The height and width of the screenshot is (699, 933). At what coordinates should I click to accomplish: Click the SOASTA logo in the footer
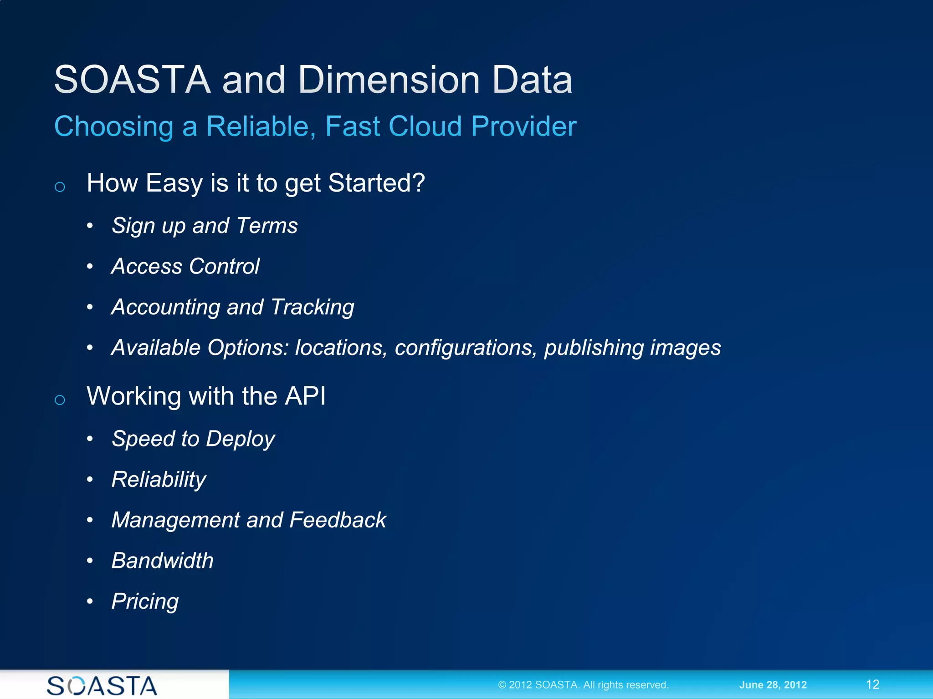click(x=102, y=685)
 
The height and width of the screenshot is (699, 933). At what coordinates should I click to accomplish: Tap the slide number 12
click(x=872, y=684)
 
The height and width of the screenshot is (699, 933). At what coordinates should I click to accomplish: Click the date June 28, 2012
click(x=773, y=685)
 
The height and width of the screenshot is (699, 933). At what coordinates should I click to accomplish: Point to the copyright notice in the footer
click(x=583, y=685)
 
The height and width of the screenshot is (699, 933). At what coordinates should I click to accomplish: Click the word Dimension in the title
click(x=390, y=80)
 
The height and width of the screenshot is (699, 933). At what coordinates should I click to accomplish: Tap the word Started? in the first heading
click(x=376, y=183)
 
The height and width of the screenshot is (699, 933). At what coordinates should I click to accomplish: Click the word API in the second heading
click(x=305, y=396)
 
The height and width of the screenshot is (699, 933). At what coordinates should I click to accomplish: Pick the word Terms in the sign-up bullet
click(x=267, y=226)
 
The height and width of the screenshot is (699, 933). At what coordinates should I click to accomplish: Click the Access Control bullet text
click(x=185, y=266)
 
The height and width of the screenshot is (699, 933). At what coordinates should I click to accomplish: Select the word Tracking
click(x=313, y=308)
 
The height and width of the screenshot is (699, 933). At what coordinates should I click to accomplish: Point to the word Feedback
click(x=338, y=520)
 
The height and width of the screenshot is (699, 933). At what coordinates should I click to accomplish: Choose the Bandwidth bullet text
click(x=163, y=561)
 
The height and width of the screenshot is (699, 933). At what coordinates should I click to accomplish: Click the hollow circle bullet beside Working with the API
click(x=60, y=400)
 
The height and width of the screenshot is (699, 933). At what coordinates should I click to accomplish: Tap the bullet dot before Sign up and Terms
click(x=90, y=226)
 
